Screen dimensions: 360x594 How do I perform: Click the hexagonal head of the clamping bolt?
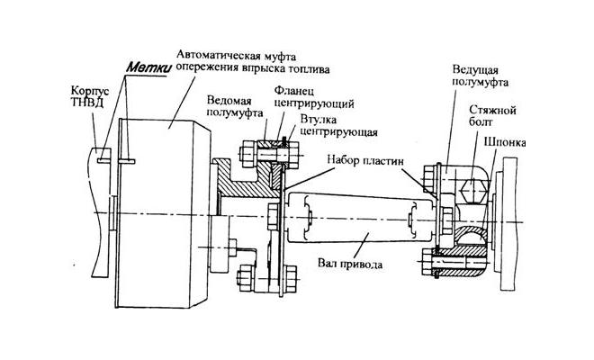coord(473,191)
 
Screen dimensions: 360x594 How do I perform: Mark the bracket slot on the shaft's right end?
coord(415,217)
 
